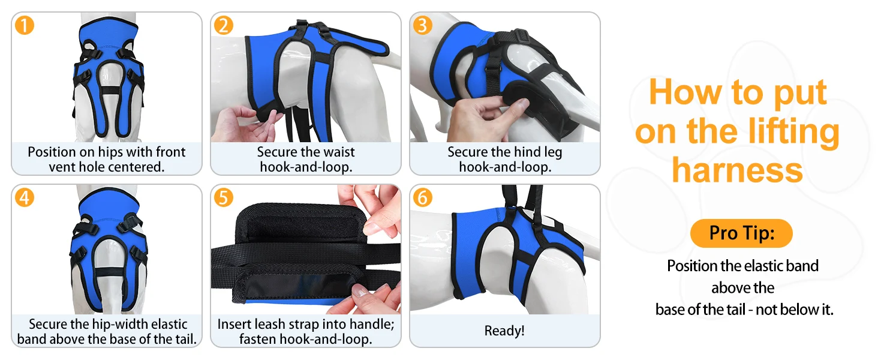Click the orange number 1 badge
point(25,25)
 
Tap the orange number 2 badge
point(224,25)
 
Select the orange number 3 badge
point(423,25)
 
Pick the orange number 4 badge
point(25,197)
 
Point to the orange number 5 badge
point(224,197)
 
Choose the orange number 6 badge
point(423,197)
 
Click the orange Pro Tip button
point(742,233)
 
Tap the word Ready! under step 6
point(504,331)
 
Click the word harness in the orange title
point(737,170)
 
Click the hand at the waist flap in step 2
point(247,124)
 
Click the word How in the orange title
point(685,92)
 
